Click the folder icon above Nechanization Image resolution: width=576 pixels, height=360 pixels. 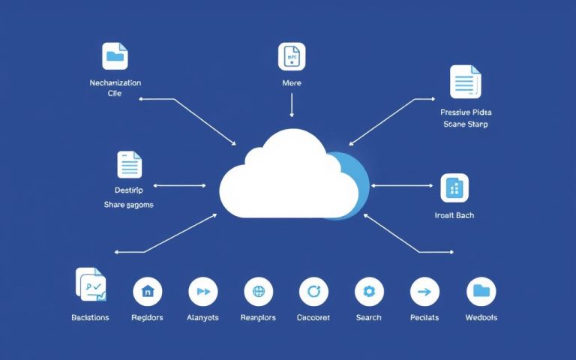[x=115, y=56]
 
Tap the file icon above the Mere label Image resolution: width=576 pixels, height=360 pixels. [x=292, y=56]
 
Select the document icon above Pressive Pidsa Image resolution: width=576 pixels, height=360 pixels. [x=465, y=82]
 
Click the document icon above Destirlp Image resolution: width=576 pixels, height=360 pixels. [x=129, y=164]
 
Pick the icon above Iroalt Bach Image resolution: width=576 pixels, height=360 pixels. [x=454, y=188]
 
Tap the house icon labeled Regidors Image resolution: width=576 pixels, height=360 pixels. [x=147, y=291]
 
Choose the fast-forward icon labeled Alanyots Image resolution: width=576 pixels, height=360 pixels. [x=202, y=291]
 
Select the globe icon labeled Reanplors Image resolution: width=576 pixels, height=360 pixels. [x=259, y=291]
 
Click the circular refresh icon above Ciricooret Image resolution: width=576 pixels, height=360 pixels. [x=313, y=291]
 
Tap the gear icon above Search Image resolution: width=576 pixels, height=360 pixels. [x=368, y=291]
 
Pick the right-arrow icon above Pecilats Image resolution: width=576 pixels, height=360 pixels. [x=424, y=291]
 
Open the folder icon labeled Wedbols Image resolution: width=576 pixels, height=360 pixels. [x=481, y=291]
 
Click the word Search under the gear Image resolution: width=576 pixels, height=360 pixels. [x=368, y=317]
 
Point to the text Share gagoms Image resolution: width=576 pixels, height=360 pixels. [x=128, y=204]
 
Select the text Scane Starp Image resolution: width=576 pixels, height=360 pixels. [x=465, y=124]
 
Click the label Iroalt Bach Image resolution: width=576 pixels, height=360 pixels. [x=454, y=215]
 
